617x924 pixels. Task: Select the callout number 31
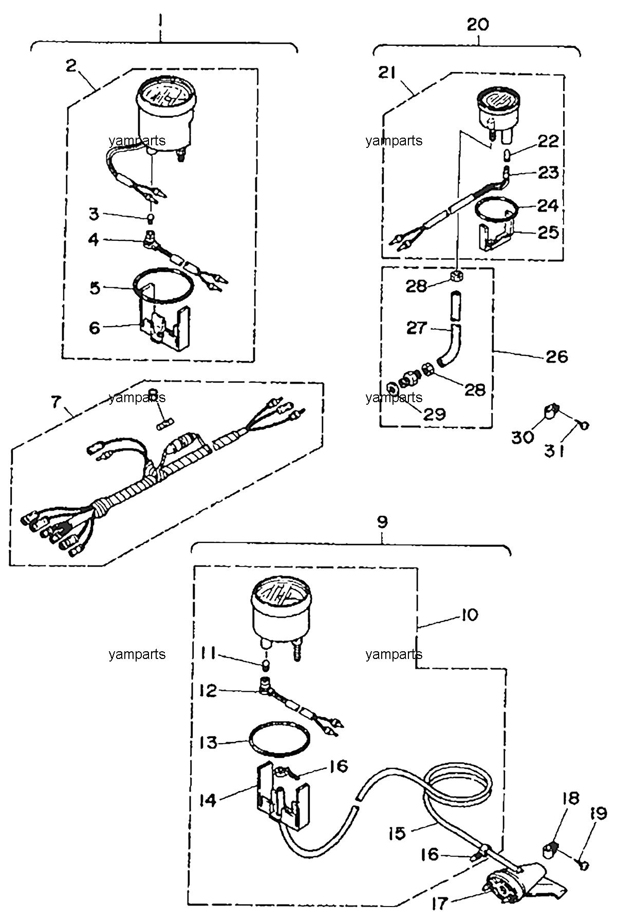(x=555, y=451)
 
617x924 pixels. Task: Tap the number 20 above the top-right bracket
(x=477, y=24)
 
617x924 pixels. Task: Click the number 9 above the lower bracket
(x=382, y=522)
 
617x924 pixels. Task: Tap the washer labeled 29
(x=391, y=387)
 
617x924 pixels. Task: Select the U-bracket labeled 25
(x=495, y=237)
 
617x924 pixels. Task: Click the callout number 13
(x=209, y=742)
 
